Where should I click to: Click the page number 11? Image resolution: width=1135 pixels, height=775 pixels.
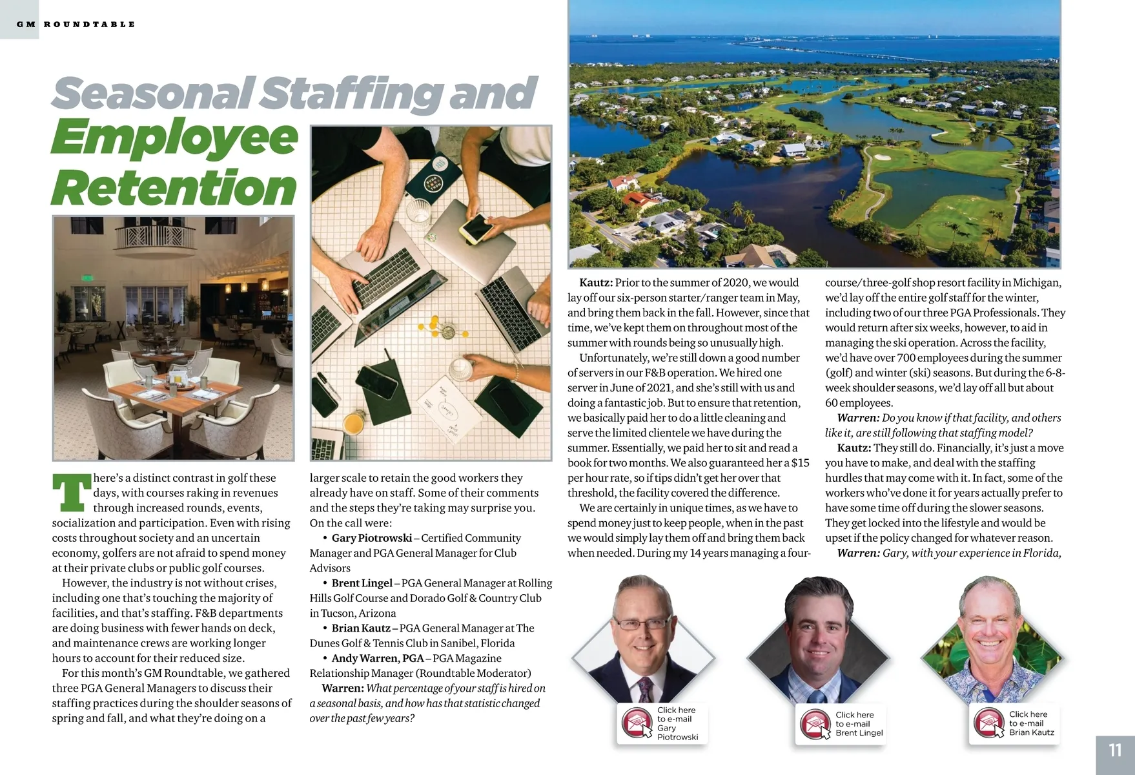1115,750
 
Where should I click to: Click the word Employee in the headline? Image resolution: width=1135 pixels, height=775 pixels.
174,138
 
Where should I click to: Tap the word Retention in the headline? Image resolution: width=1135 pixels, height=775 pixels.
174,188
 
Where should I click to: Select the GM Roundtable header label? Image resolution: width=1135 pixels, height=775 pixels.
76,25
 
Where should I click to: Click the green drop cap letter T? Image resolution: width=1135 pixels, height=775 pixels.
71,492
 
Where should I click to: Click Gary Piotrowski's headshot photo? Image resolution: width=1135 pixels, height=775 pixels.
642,639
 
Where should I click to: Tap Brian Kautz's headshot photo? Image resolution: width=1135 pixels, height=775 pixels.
993,639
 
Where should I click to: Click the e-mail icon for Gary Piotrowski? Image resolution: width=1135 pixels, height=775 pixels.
638,723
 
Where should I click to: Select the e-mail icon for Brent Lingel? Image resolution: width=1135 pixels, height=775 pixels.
815,724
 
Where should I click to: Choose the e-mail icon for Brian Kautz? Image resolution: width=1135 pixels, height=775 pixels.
989,724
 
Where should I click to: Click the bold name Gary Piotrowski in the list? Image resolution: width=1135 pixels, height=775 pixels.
371,538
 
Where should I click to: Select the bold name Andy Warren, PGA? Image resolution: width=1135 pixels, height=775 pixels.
377,658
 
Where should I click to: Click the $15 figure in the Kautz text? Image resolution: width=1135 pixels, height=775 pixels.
800,462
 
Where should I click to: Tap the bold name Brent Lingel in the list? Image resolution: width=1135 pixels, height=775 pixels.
362,583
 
